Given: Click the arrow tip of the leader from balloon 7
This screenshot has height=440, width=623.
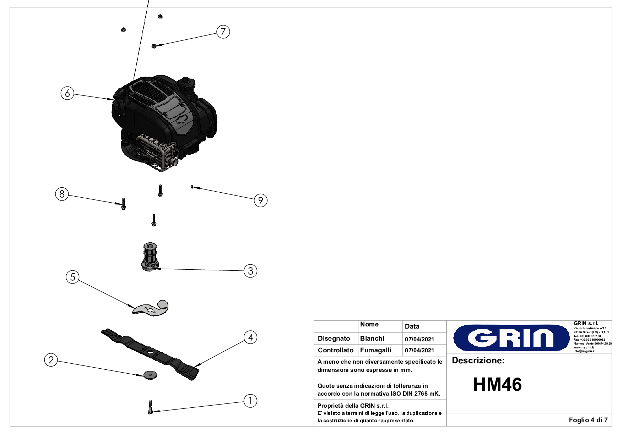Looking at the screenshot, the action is [x=155, y=45].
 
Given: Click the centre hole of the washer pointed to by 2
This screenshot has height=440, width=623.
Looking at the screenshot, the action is [x=150, y=374].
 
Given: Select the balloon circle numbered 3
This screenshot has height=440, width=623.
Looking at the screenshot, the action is [x=250, y=271].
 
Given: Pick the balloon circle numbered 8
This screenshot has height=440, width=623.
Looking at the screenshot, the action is [x=62, y=194].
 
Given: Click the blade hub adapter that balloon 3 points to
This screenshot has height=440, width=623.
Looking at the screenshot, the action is [x=151, y=257].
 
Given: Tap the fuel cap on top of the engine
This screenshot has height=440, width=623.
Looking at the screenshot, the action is [x=186, y=84].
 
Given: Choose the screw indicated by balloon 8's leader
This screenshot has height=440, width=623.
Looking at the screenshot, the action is [x=124, y=203].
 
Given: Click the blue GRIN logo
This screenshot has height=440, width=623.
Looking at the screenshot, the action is [x=511, y=338].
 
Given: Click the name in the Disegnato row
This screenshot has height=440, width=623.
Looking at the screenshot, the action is [x=372, y=339].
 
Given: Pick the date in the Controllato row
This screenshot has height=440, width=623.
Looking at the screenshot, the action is [x=419, y=350].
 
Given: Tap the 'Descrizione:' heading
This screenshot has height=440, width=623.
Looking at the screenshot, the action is [x=478, y=361].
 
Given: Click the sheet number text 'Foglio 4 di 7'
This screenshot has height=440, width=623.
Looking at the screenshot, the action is [x=588, y=420].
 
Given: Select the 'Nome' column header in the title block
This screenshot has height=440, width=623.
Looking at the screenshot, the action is [x=369, y=324].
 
